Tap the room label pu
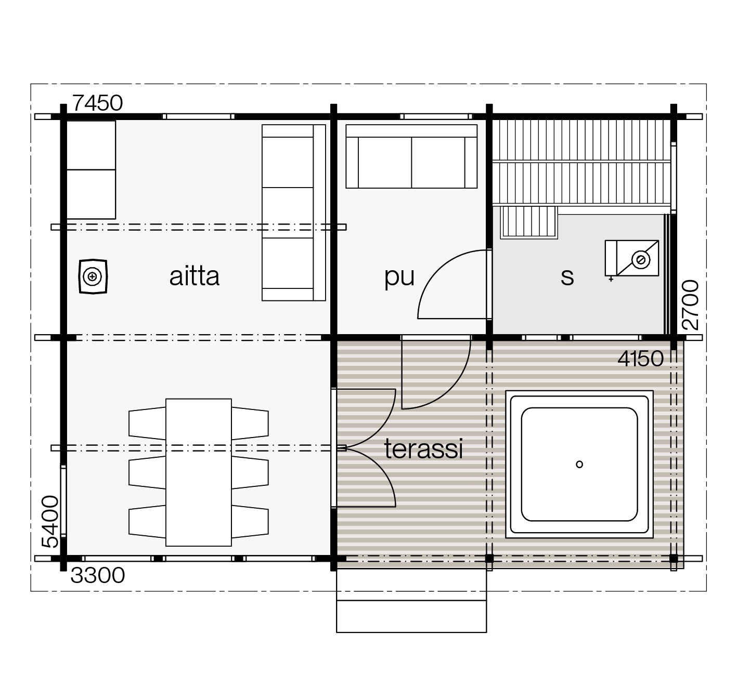pos(399,277)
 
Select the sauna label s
pos(567,277)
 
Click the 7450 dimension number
pos(98,103)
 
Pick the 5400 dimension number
pos(50,522)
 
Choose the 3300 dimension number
pos(98,576)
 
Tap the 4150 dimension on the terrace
pos(641,359)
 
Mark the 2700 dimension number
pos(690,305)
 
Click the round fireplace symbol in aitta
pos(93,277)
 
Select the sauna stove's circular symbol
pos(641,260)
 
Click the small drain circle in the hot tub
pos(579,465)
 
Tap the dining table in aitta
pos(199,472)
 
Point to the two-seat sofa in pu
pos(411,156)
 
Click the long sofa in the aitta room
pos(293,213)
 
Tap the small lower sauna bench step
pos(529,222)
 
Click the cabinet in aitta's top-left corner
pos(91,170)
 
